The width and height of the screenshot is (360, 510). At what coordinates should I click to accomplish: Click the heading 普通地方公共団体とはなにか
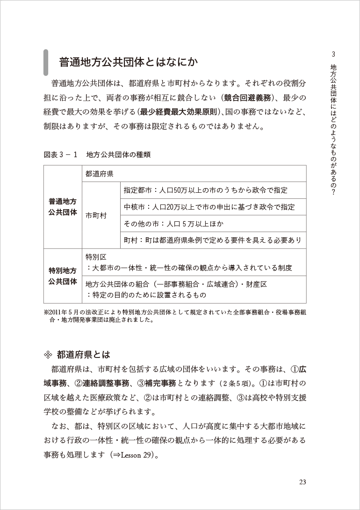point(128,62)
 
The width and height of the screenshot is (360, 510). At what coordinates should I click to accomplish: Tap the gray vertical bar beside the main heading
point(45,62)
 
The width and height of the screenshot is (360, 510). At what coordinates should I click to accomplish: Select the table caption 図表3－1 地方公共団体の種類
point(97,154)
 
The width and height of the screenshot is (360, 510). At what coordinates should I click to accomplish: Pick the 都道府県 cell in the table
point(100,174)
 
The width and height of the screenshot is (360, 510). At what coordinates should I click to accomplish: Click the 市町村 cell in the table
point(96,216)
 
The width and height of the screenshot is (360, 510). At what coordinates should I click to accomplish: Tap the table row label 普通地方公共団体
point(63,206)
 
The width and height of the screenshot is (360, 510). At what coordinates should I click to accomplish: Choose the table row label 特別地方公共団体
point(63,276)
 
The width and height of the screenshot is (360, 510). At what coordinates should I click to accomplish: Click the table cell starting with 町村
point(212,240)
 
